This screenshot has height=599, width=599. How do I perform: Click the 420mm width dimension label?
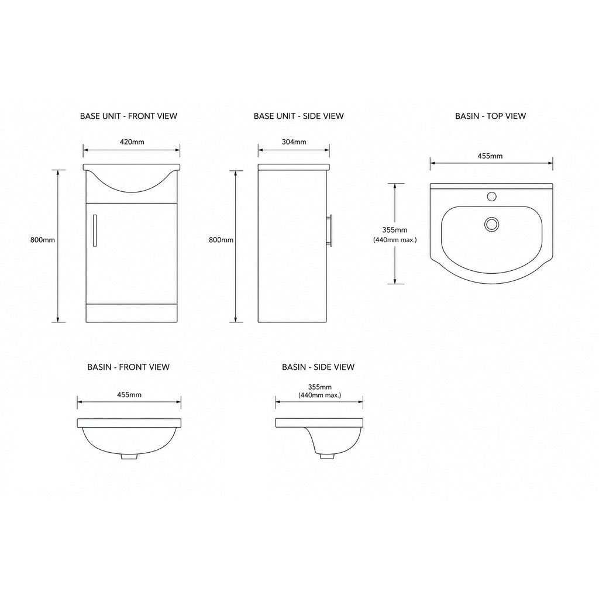132,142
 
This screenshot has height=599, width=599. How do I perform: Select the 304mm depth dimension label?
294,142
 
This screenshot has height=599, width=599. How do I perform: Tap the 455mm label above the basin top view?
490,156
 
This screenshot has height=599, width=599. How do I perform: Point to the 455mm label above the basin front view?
129,395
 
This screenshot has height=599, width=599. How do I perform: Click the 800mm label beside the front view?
43,240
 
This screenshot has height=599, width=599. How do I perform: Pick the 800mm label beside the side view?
221,240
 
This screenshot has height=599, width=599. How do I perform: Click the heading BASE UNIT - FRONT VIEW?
129,116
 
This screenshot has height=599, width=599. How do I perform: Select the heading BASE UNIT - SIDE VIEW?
299,116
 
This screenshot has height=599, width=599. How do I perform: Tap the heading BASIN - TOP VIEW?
491,116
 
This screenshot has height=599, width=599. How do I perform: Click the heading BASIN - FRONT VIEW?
128,367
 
